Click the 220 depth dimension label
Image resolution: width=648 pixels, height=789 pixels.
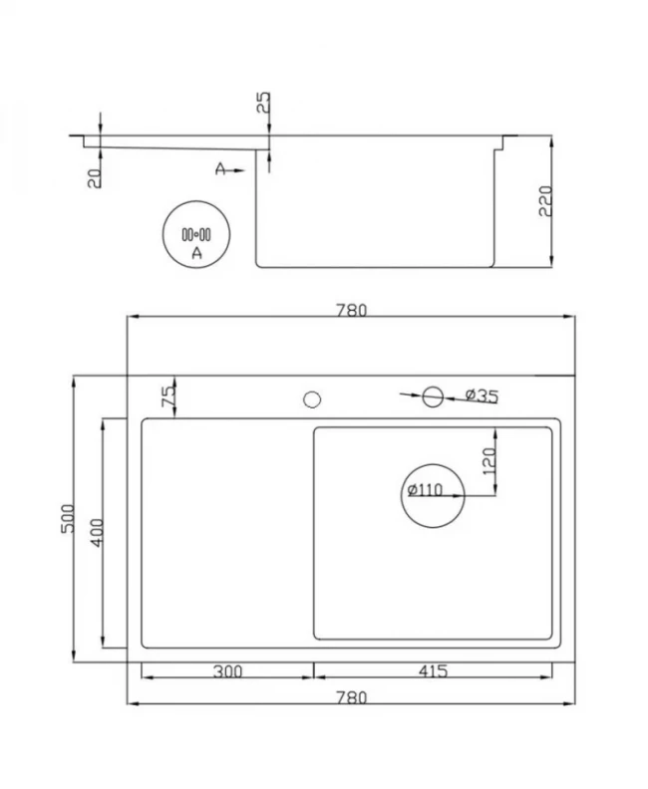pos(545,201)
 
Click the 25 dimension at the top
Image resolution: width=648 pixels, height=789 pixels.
pos(264,103)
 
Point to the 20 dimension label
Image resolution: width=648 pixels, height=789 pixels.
pos(94,178)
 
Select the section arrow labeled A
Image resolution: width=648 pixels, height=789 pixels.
pos(229,169)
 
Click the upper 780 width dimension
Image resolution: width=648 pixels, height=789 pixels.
pos(352,310)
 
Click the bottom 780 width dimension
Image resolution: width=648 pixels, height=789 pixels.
pos(352,697)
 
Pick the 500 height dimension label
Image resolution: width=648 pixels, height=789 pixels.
pos(68,519)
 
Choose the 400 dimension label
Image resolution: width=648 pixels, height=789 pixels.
pos(97,532)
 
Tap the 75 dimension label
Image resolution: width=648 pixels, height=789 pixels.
pos(168,396)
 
